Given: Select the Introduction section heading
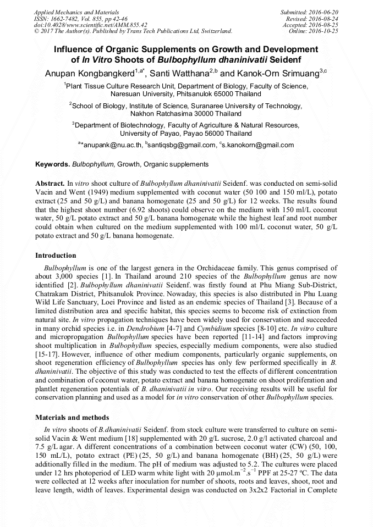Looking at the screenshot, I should pyautogui.click(x=56, y=256).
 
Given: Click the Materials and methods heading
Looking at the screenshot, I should pyautogui.click(x=72, y=418).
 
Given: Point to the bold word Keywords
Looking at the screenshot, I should pyautogui.click(x=52, y=164).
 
